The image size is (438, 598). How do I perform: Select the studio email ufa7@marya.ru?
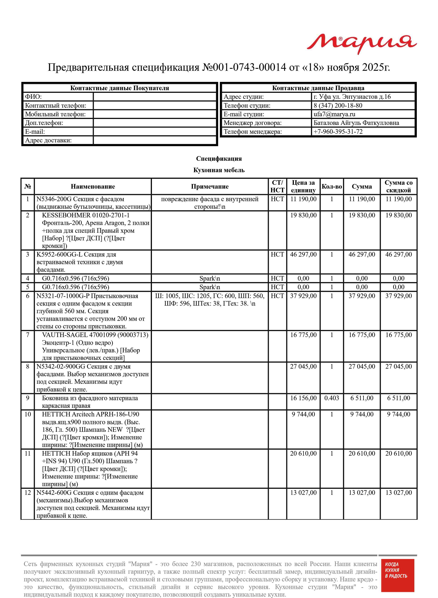coord(334,114)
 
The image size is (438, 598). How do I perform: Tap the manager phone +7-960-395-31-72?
coord(338,132)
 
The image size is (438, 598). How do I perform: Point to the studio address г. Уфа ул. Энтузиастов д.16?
coord(352,97)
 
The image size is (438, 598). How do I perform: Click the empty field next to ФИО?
coord(155,97)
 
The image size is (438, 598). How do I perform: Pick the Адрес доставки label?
coord(48,140)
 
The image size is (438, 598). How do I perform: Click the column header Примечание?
coord(210,187)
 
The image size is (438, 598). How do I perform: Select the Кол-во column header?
coord(332,187)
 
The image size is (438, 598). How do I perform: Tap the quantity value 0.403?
coord(332,398)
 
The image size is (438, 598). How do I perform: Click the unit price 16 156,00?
coord(303,398)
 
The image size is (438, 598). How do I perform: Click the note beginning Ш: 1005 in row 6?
coord(210,300)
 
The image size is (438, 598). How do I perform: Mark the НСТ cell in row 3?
coord(277,254)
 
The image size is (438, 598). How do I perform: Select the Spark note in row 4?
coord(210,278)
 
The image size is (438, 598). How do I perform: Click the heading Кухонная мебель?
coord(219,170)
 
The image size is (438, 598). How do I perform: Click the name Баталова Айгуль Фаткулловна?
coord(356,123)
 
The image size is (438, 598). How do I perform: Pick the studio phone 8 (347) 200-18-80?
coord(338,105)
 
